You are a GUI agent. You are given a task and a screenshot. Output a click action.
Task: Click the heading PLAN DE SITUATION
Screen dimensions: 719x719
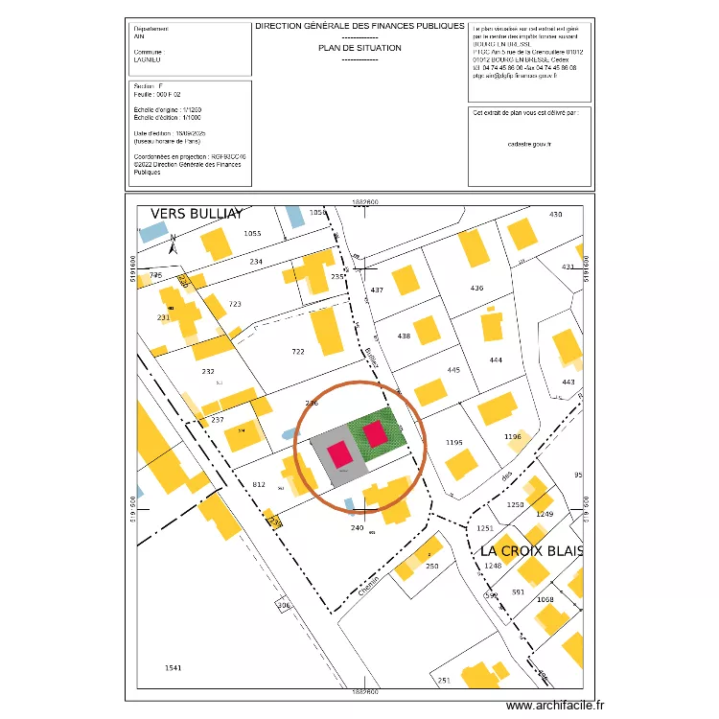359,47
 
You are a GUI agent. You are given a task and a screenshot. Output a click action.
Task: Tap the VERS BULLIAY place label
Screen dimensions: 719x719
197,214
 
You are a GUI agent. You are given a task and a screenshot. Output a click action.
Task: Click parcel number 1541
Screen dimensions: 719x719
173,667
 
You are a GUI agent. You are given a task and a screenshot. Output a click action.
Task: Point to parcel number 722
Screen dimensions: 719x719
297,352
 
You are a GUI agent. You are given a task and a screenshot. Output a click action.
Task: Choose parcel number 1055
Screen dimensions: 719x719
252,234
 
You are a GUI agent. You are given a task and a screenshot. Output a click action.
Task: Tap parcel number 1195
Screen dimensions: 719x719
454,442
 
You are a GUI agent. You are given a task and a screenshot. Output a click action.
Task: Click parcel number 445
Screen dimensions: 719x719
454,370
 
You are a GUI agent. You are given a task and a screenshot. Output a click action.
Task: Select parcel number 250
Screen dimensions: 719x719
431,567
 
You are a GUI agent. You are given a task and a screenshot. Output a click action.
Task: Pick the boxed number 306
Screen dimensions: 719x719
283,606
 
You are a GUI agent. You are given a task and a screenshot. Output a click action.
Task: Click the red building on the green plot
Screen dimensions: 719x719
375,434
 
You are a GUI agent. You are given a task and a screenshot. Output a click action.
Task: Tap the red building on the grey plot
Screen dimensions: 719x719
339,454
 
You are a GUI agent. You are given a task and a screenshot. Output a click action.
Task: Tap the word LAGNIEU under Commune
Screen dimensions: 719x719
148,59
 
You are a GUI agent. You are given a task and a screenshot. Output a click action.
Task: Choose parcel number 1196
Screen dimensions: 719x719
512,437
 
